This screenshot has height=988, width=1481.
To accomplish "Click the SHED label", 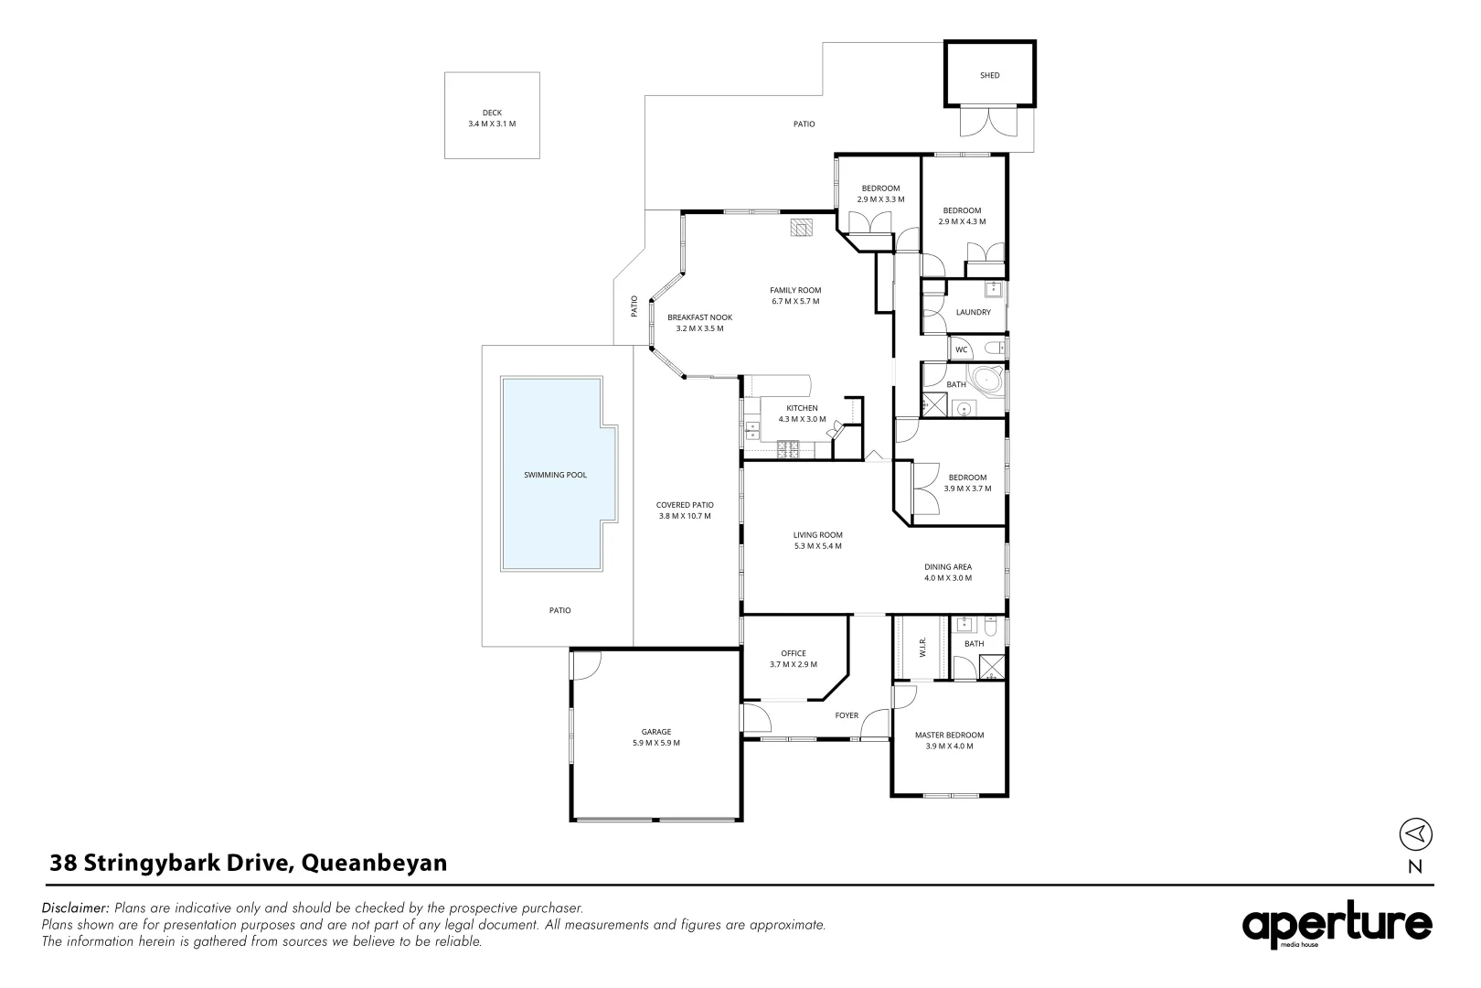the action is point(989,75).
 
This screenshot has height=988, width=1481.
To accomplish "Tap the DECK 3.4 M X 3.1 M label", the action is point(492,118).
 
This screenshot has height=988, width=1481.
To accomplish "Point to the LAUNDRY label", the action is point(974,312).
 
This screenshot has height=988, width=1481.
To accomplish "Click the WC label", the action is point(962,350).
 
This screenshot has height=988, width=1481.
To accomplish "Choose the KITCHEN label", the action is point(802,408).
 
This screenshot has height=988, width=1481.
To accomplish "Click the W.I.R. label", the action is point(922,647).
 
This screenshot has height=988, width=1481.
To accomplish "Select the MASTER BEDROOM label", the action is point(950,736).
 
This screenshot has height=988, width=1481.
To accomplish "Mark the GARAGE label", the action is point(655,732).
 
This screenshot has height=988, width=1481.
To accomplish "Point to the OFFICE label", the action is point(794,654).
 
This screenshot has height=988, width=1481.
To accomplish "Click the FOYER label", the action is point(847,715).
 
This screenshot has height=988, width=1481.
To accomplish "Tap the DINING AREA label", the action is point(948,567).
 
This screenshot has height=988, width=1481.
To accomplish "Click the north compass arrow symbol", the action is point(1415,833).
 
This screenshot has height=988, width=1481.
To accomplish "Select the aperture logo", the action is point(1337,925).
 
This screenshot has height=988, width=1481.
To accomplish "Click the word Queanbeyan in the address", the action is point(374,864).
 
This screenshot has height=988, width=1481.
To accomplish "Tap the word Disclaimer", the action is point(75,907).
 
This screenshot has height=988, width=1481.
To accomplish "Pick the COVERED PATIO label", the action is point(685,505).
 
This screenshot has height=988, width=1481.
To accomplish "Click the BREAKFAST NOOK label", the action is point(699,317).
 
